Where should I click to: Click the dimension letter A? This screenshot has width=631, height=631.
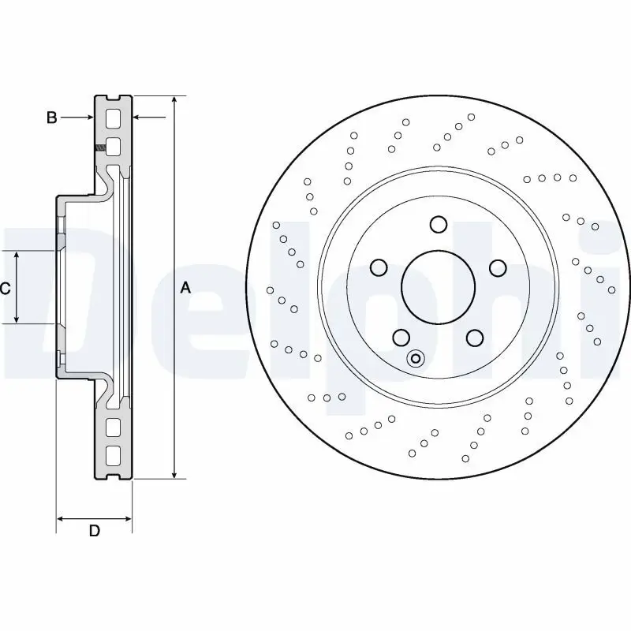pos(185,288)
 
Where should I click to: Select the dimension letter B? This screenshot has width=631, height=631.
pos(51,118)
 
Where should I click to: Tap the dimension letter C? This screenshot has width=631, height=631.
pos(5,289)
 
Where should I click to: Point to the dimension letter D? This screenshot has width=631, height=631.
pos(94,531)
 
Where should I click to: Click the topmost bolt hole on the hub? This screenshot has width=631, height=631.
pos(439,225)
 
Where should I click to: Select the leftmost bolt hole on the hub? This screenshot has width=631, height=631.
pos(379,268)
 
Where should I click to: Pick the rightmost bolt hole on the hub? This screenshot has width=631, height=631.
pos(498,268)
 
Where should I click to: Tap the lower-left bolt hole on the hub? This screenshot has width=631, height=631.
pos(401,338)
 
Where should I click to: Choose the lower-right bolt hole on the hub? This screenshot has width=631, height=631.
pos(474,338)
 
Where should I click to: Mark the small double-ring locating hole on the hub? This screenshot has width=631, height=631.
pos(416,360)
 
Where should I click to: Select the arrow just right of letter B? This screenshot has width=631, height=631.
pos(88,118)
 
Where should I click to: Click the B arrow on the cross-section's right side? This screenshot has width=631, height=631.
pos(137,118)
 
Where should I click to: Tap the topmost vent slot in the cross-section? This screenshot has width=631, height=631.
pos(113,119)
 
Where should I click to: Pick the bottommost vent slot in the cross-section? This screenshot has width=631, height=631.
pos(113,455)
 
